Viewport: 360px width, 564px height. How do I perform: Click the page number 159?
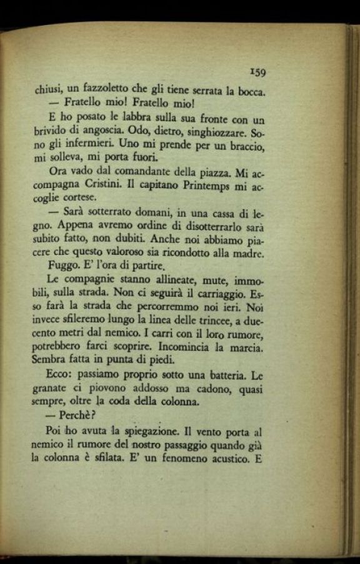point(257,72)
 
